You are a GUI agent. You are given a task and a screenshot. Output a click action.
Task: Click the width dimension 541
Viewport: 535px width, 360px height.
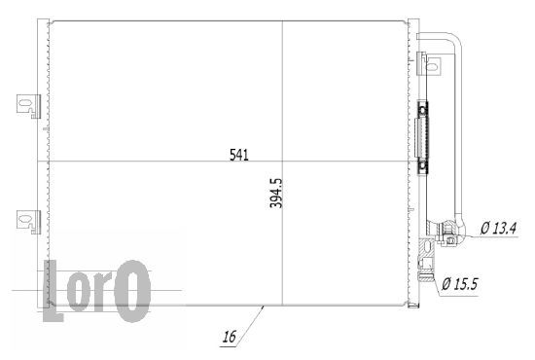239,155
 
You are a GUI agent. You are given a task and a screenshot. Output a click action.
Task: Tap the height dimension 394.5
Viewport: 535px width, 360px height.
276,193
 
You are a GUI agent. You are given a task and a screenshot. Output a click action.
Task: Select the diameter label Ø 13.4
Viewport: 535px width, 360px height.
499,228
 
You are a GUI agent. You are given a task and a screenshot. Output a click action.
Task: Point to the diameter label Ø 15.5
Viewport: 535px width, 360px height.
460,284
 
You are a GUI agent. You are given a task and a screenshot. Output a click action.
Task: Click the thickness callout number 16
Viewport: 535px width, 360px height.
229,337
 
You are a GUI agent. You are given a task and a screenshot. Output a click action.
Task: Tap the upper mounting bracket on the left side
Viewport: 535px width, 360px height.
28,106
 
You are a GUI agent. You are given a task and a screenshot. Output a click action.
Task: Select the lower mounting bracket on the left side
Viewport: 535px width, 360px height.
28,222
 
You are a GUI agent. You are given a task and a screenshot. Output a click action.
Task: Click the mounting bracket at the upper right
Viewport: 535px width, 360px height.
429,63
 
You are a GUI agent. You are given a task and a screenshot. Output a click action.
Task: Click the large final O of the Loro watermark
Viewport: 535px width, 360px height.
132,291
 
